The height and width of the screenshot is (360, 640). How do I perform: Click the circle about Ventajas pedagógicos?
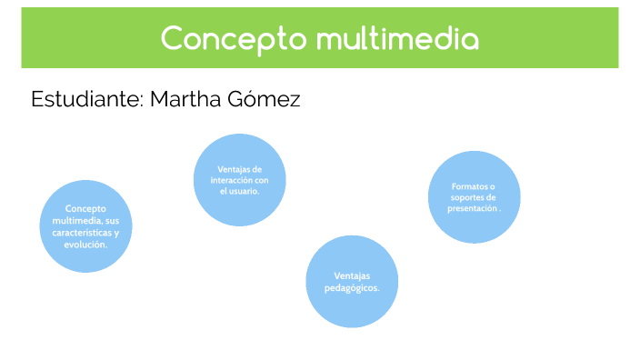[352, 281]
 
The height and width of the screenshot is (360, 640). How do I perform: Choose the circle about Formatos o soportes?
[474, 197]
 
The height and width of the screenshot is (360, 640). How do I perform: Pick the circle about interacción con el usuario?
[240, 179]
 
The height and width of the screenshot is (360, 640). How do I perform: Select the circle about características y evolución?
[85, 225]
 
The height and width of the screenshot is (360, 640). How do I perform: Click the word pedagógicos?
[352, 288]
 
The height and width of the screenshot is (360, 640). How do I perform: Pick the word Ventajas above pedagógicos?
[352, 276]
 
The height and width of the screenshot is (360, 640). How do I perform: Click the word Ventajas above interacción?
[240, 169]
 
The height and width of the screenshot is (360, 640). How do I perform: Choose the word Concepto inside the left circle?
[85, 209]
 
